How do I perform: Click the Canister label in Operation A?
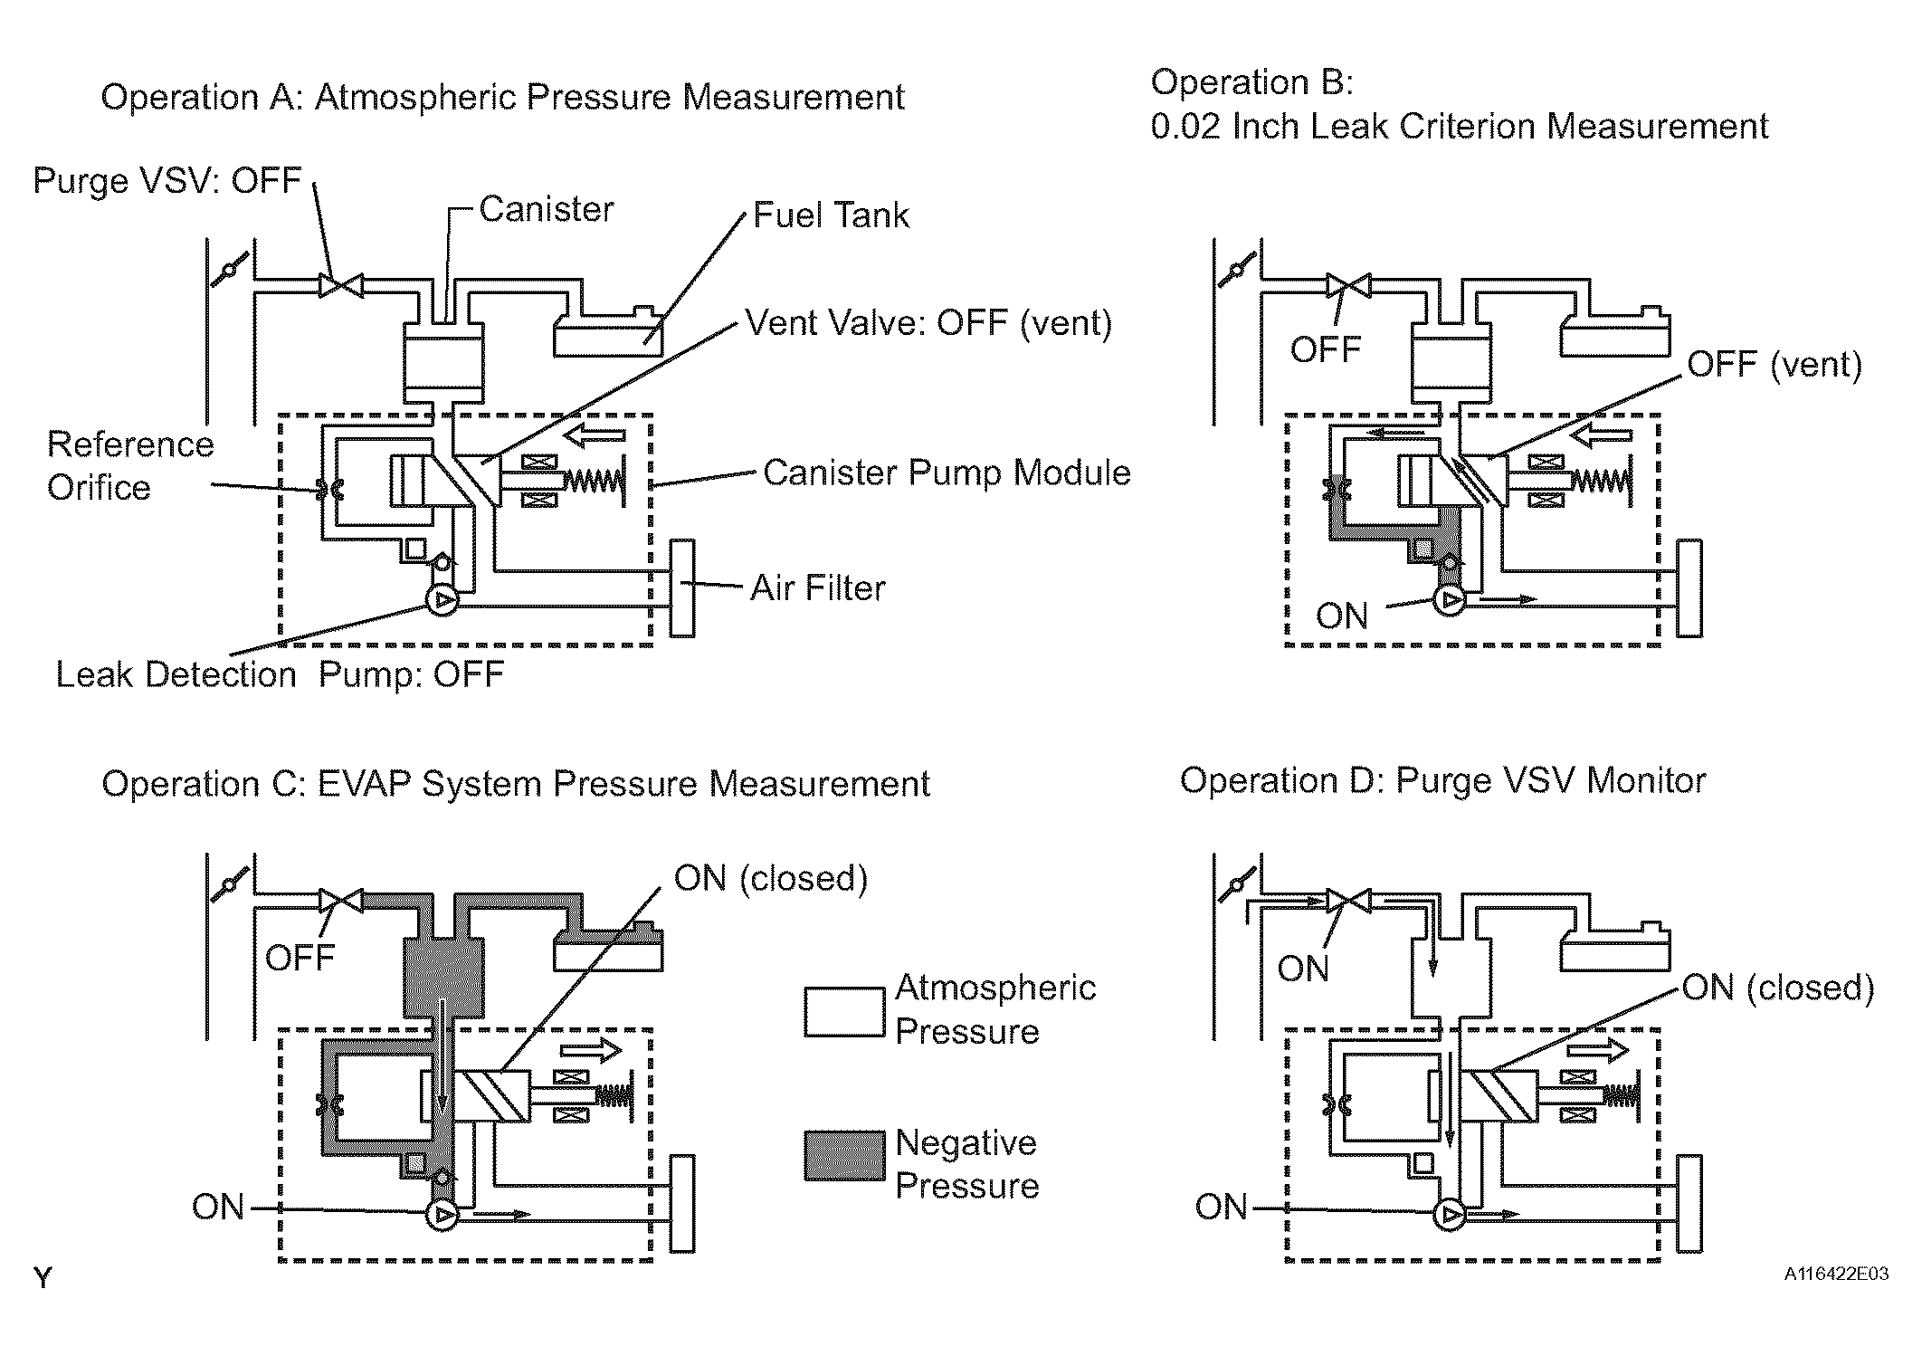click(546, 209)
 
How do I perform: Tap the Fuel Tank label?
click(831, 215)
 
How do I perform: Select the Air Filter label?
click(817, 588)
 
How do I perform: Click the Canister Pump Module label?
click(947, 473)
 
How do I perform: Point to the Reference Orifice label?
click(130, 466)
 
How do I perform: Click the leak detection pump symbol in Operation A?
click(442, 600)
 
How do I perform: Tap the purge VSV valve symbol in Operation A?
click(340, 286)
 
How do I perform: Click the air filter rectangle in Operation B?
click(1689, 588)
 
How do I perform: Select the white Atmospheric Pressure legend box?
click(844, 1012)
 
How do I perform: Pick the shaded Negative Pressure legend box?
click(844, 1156)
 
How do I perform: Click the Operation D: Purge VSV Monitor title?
click(1442, 780)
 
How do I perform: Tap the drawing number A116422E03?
click(1836, 1274)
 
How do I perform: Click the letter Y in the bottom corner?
click(43, 1278)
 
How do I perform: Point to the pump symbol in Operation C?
click(442, 1215)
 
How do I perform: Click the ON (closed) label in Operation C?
click(771, 878)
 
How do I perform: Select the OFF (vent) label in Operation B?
click(1775, 364)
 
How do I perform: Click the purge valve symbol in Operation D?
click(1348, 902)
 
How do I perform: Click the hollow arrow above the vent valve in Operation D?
click(1598, 1050)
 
